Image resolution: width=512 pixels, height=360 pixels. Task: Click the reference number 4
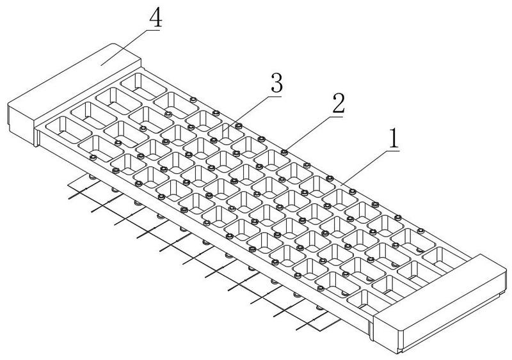[156, 19]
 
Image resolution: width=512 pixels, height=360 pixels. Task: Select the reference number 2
[339, 103]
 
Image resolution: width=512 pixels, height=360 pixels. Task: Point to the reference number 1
[394, 138]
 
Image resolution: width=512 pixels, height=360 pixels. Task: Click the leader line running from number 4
[131, 48]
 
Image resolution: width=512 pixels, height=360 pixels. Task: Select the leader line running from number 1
[370, 168]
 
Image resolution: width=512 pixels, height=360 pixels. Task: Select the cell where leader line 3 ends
[226, 134]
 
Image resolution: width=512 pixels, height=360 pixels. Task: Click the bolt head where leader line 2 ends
[284, 152]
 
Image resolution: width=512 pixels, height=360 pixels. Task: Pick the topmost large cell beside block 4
[143, 86]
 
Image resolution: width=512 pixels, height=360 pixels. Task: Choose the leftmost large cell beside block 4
[68, 130]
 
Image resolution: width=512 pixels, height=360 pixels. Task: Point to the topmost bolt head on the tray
[193, 100]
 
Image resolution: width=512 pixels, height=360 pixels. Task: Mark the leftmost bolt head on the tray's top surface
[93, 158]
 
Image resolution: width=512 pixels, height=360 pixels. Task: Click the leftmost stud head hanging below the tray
[92, 178]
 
